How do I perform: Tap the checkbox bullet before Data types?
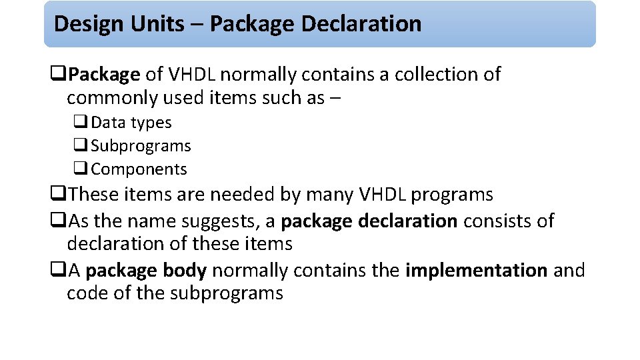(81, 121)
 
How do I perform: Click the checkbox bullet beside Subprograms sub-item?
(81, 145)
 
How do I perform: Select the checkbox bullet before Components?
(81, 168)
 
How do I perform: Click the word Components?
(139, 169)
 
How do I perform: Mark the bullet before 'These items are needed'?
(58, 193)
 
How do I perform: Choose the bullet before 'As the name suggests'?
(58, 219)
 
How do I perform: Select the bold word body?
(185, 271)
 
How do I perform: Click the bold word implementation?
(476, 271)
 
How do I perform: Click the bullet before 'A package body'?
(58, 269)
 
